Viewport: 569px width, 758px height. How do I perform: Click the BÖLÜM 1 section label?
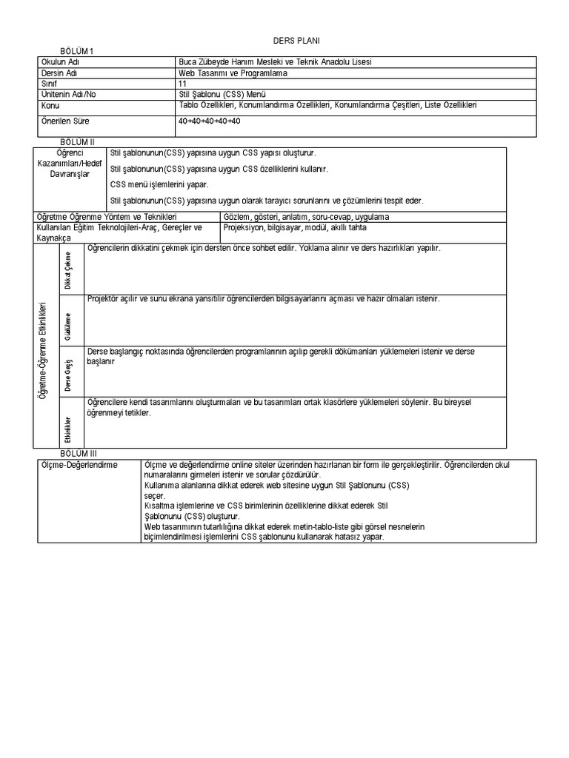pyautogui.click(x=78, y=51)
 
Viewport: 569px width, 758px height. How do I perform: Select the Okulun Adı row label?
pyautogui.click(x=63, y=63)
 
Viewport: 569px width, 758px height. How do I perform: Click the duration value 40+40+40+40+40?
pyautogui.click(x=209, y=121)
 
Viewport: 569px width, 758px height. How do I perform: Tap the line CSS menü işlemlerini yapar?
pyautogui.click(x=159, y=184)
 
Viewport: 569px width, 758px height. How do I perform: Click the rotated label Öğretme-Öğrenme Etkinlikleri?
pyautogui.click(x=44, y=349)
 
